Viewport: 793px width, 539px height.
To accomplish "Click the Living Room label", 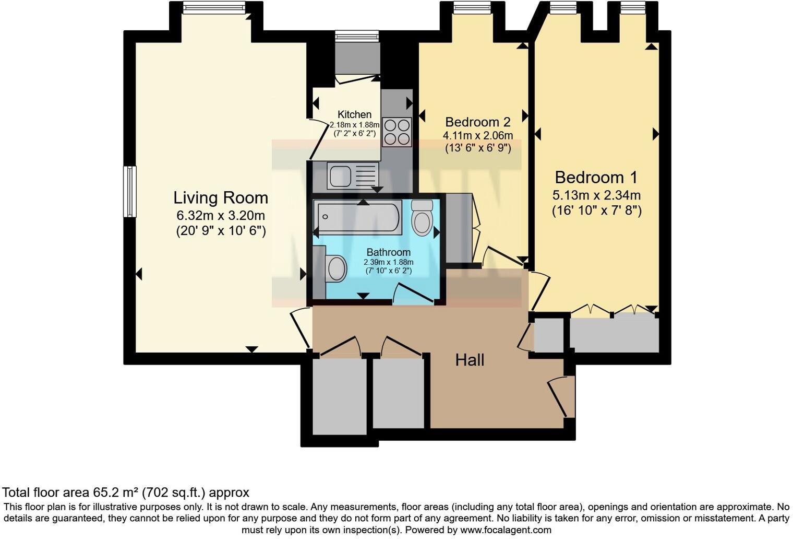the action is [x=221, y=198].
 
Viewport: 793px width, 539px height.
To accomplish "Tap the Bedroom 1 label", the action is [x=596, y=178].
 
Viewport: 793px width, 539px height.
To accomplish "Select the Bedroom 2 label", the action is [x=477, y=122].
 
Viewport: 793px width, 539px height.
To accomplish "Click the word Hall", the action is [x=470, y=360].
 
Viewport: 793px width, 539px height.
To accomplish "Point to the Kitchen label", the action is [x=354, y=114].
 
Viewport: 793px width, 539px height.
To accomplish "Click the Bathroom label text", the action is [x=388, y=252].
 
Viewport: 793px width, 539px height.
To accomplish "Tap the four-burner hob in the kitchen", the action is [x=397, y=132].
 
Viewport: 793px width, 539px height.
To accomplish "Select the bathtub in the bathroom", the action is [x=358, y=217].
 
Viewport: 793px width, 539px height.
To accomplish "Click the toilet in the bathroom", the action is [x=422, y=218].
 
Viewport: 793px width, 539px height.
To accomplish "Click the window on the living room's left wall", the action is [x=130, y=191].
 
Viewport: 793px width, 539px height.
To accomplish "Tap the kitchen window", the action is [x=357, y=36].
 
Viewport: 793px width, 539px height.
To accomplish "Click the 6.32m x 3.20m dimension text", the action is [x=221, y=216].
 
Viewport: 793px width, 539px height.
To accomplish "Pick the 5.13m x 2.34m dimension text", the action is [x=596, y=195].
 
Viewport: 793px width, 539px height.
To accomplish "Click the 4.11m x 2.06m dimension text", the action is [x=477, y=135].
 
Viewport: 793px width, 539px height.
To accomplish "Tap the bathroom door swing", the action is [x=413, y=292].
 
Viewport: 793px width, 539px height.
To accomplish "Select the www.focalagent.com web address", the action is [x=506, y=530].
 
